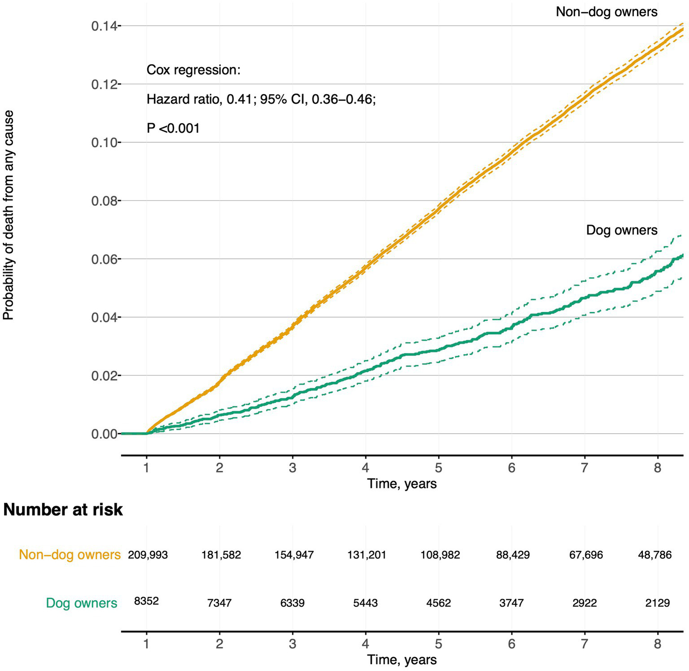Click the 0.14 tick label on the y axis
click(x=104, y=26)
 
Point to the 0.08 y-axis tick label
click(x=104, y=201)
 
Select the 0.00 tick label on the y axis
click(x=104, y=434)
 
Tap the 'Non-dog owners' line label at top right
click(x=606, y=12)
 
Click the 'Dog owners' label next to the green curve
click(x=621, y=230)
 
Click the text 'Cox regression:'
click(x=193, y=70)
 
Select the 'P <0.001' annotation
click(x=173, y=128)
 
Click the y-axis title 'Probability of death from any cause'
click(x=9, y=215)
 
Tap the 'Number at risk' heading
click(x=63, y=510)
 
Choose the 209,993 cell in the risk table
click(x=148, y=555)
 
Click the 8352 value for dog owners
click(x=146, y=601)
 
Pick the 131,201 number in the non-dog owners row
click(x=366, y=555)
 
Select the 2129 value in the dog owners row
click(x=657, y=603)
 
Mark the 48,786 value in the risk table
click(x=654, y=555)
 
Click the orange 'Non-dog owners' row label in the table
click(x=70, y=555)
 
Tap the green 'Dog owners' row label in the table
click(x=82, y=603)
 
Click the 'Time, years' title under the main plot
click(x=402, y=484)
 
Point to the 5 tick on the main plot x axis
click(x=439, y=468)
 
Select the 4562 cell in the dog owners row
click(x=439, y=603)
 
